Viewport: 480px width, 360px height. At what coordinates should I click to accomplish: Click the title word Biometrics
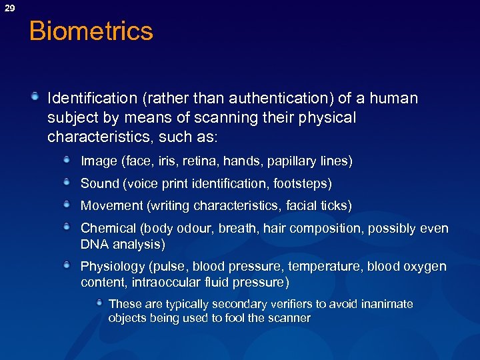91,31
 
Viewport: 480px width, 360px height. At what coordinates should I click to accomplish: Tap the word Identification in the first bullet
91,99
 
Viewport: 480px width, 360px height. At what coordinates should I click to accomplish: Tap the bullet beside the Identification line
35,97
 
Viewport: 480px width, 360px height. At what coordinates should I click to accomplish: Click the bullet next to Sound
68,181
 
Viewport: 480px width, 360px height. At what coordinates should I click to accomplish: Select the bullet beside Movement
68,204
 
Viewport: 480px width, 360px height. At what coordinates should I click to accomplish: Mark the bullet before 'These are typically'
99,303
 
